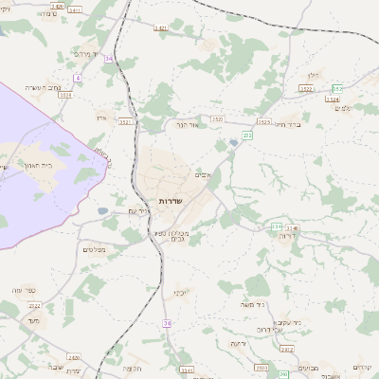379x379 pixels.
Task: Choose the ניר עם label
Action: click(x=138, y=210)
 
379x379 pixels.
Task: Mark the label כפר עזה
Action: click(x=24, y=289)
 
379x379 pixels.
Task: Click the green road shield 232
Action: click(x=246, y=135)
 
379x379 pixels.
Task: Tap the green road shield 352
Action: click(x=337, y=89)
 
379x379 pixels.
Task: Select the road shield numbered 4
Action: click(x=77, y=78)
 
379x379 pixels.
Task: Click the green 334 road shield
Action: click(x=276, y=226)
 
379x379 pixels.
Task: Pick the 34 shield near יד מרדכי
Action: click(x=109, y=59)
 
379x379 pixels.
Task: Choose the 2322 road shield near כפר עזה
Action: click(x=34, y=306)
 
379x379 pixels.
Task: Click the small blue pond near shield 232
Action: click(x=233, y=143)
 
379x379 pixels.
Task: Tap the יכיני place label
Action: click(x=179, y=293)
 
